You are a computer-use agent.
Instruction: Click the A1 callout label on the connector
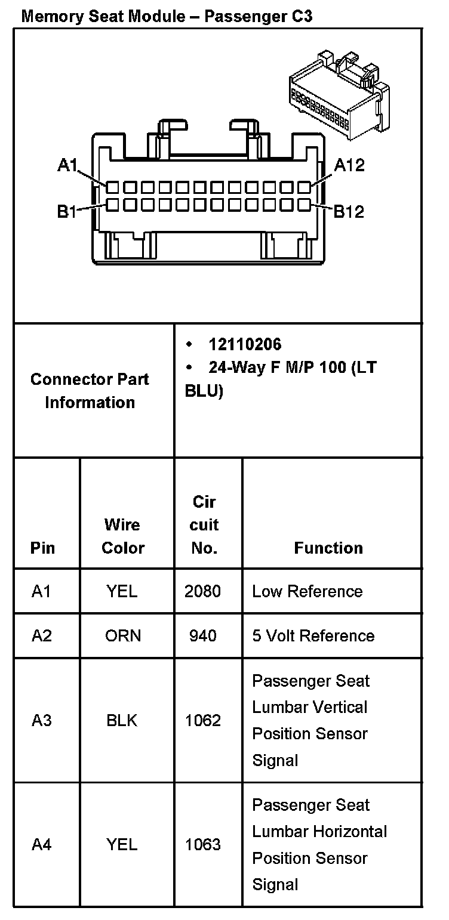tap(67, 165)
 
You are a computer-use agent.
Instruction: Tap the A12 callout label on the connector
tap(349, 165)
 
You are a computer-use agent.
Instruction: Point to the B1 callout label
tap(67, 211)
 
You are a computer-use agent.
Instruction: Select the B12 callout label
tap(348, 211)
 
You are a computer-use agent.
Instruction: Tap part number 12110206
tap(244, 344)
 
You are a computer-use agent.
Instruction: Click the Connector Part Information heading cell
tap(90, 391)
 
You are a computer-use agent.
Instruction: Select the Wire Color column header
tap(122, 536)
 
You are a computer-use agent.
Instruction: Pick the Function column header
tap(328, 548)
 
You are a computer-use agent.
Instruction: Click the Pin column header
tap(42, 548)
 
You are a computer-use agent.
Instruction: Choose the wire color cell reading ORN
tap(123, 635)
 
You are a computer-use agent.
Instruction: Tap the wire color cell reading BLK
tap(122, 721)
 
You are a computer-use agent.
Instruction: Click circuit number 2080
tap(203, 591)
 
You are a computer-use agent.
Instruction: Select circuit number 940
tap(203, 635)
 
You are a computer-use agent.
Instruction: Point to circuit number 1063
tap(203, 844)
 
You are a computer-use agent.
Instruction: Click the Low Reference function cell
tap(307, 591)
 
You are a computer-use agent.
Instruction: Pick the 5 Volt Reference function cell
tap(313, 635)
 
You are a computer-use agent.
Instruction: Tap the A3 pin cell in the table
tap(42, 721)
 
